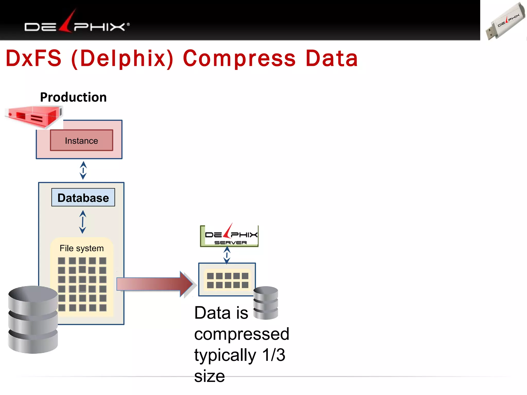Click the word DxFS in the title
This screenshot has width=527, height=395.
coord(33,58)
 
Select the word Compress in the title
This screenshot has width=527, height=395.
coord(239,58)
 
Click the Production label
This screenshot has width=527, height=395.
coord(73,97)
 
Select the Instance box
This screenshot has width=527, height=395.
coord(81,140)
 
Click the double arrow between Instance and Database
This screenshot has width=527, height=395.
coord(83,170)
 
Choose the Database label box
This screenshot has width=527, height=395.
coord(83,197)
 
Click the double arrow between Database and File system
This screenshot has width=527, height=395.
coord(83,222)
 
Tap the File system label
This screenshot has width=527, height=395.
coord(82,248)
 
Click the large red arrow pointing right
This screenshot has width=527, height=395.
coord(154,284)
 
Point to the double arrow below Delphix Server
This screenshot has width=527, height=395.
coord(227,255)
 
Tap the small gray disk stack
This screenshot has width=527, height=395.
coord(266,303)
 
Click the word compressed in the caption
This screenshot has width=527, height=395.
coord(242,334)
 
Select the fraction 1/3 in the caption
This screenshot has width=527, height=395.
coord(274,355)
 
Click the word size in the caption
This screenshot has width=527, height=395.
coord(209,376)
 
